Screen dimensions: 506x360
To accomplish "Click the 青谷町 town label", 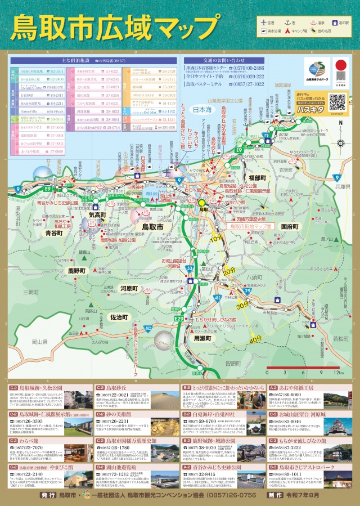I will pos(56,232).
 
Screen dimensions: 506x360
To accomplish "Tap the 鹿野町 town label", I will pos(76,271).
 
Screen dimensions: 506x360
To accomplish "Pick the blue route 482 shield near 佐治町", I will pos(147,328).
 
